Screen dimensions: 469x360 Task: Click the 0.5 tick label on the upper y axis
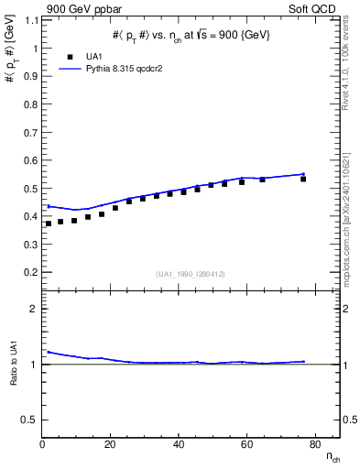(x=32, y=189)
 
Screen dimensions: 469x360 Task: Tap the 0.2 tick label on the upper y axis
(x=32, y=272)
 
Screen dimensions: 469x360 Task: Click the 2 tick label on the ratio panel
(x=35, y=309)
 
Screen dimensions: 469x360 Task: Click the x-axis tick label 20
(x=110, y=445)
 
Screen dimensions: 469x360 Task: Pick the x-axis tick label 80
(x=313, y=445)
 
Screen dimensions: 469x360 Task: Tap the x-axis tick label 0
(x=43, y=445)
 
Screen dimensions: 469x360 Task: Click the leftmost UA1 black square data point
(x=49, y=224)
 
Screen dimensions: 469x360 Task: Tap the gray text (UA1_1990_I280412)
(x=191, y=275)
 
